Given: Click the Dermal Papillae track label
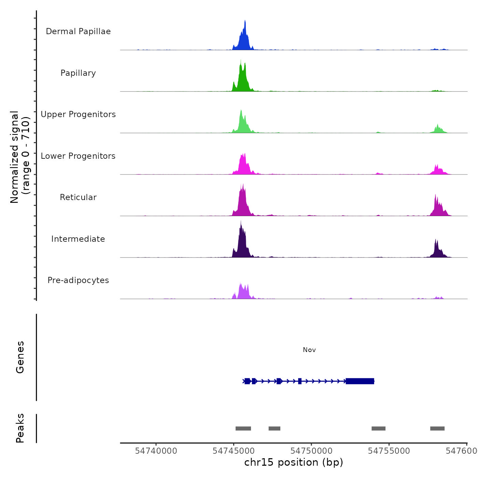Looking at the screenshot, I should tap(78, 31).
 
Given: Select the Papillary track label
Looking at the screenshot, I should tap(78, 73).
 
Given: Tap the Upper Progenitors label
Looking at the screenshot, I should tap(78, 114).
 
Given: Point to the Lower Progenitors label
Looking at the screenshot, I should tap(78, 156).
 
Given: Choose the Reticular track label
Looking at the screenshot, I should tap(78, 197).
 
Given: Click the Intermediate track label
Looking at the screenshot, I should tap(78, 239).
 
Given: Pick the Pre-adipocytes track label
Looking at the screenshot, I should tap(78, 280).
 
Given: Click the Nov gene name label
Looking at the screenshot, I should tap(309, 350).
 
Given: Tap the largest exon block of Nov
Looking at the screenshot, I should tap(360, 381).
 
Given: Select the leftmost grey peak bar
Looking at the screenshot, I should tap(243, 428).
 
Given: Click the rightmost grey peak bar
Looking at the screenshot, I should tap(437, 428).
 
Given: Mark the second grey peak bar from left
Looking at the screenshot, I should tap(275, 428).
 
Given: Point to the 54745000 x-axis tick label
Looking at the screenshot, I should tap(234, 451).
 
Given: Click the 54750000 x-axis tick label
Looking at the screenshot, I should tap(311, 451).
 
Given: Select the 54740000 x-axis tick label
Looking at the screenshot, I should tap(156, 451).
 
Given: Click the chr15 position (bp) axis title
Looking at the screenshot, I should tap(294, 463).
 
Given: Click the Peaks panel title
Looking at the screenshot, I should tap(20, 428).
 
